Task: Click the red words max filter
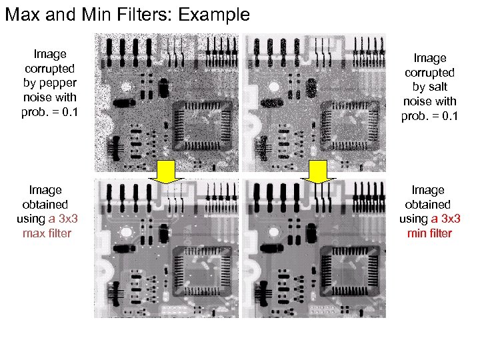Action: [47, 233]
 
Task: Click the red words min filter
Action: [429, 233]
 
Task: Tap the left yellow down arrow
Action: [169, 172]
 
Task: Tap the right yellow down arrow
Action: [319, 172]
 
